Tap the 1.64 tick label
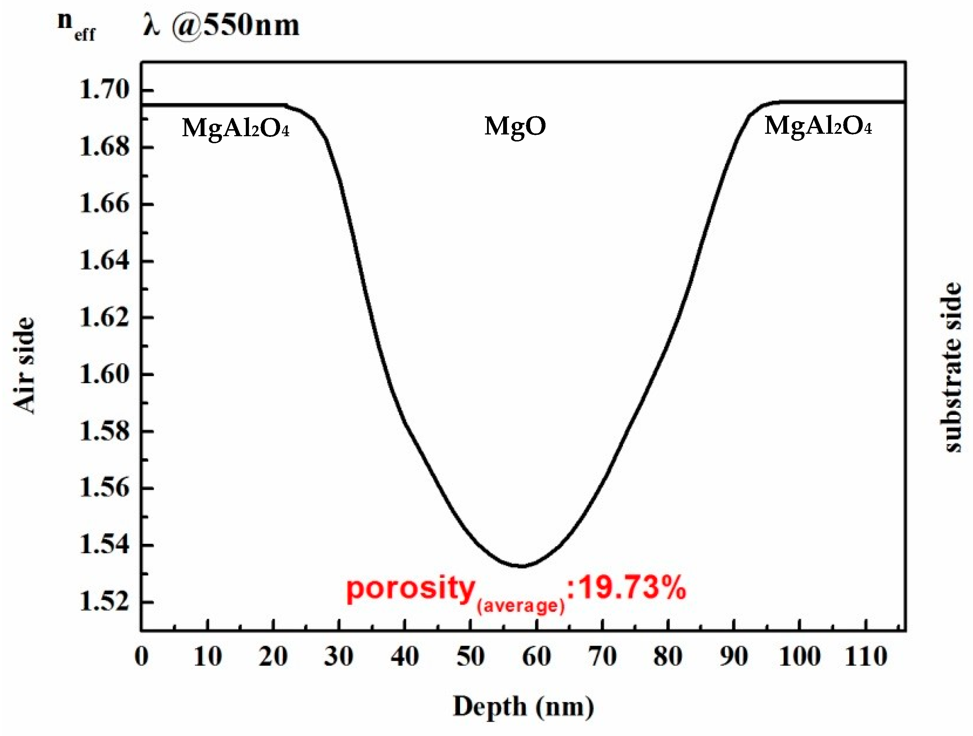click(x=105, y=261)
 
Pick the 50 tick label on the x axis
click(x=470, y=657)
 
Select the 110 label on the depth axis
click(x=865, y=657)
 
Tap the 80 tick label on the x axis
click(x=667, y=657)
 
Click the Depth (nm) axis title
click(x=523, y=707)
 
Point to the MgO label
click(x=515, y=126)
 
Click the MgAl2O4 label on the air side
click(x=235, y=129)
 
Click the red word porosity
click(x=410, y=590)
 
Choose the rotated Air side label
click(x=24, y=365)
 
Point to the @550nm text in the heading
click(x=235, y=26)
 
